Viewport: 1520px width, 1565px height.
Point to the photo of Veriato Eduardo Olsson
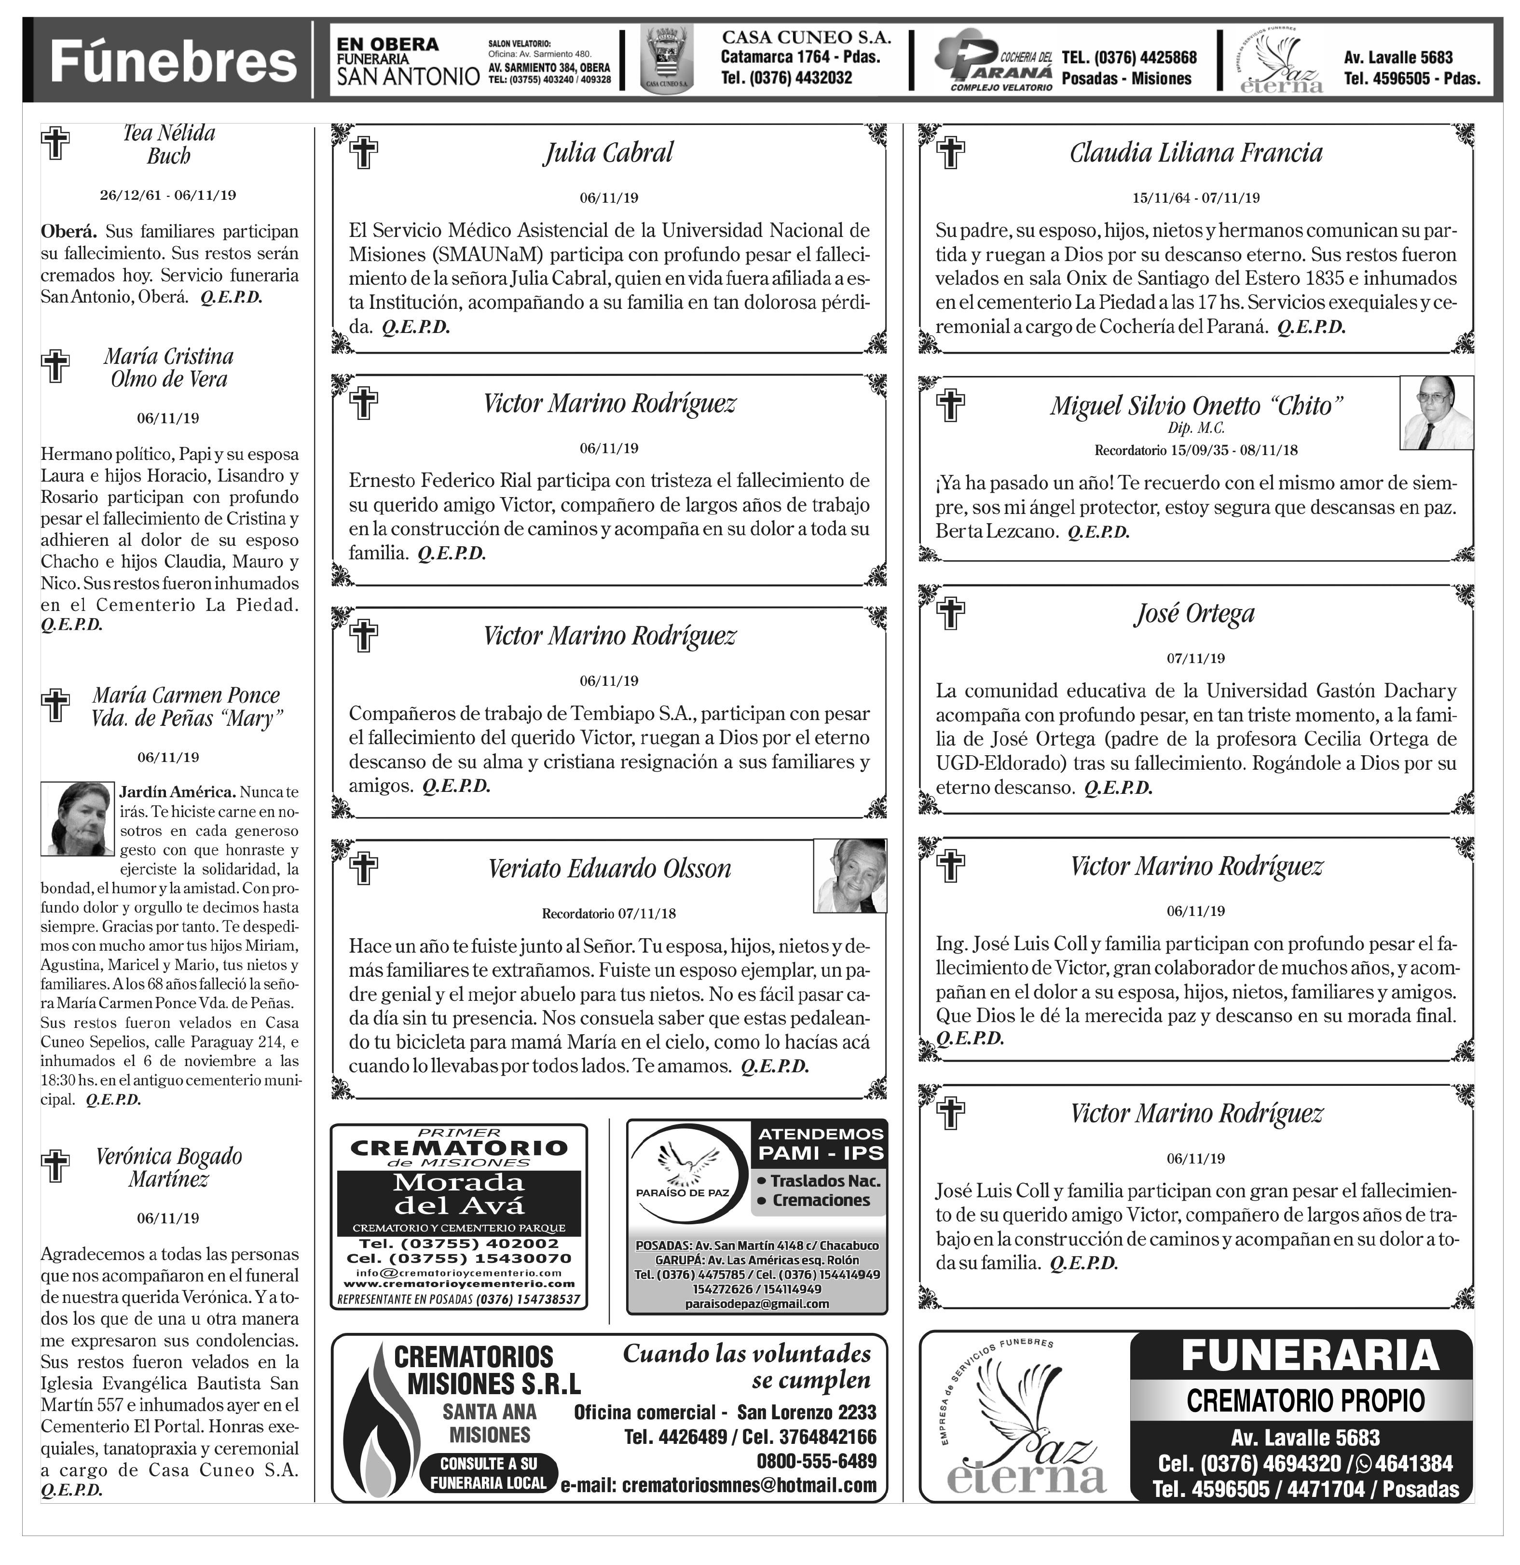(x=850, y=875)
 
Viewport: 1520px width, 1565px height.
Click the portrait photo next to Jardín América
(x=78, y=818)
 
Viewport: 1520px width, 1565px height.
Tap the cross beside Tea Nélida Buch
(x=55, y=144)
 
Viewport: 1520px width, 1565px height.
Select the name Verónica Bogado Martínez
(x=168, y=1167)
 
